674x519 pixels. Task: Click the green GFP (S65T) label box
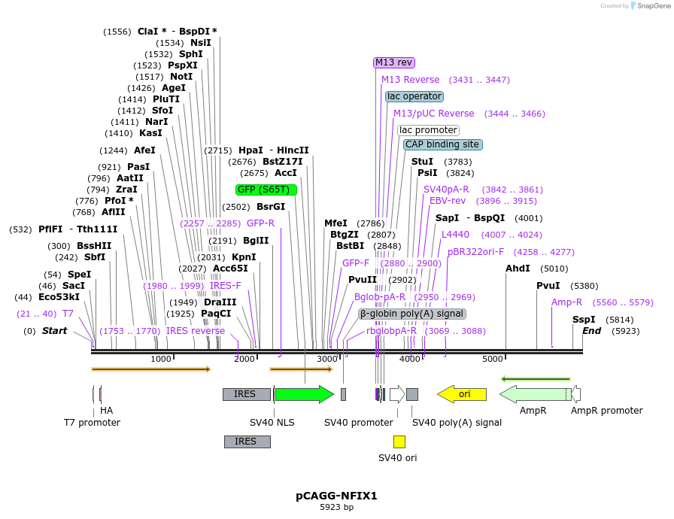tap(266, 190)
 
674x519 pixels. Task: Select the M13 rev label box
tap(394, 62)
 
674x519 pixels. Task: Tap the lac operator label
tap(414, 96)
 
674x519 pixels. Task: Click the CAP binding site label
tap(442, 144)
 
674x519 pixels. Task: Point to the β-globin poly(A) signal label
tap(412, 314)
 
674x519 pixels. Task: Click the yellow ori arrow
tap(462, 394)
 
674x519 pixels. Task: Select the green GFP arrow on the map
tap(304, 394)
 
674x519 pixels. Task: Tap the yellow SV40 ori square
tap(399, 442)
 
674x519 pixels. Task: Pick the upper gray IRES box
tap(246, 394)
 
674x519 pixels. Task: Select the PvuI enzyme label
tap(548, 286)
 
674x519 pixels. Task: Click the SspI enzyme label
tap(584, 320)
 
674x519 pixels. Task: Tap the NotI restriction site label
tap(181, 77)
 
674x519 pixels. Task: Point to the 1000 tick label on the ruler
tap(161, 359)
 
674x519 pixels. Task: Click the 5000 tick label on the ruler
tap(493, 359)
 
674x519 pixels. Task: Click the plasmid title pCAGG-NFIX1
tap(336, 496)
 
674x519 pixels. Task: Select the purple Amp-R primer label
tap(567, 302)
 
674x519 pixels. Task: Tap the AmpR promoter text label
tap(606, 411)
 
